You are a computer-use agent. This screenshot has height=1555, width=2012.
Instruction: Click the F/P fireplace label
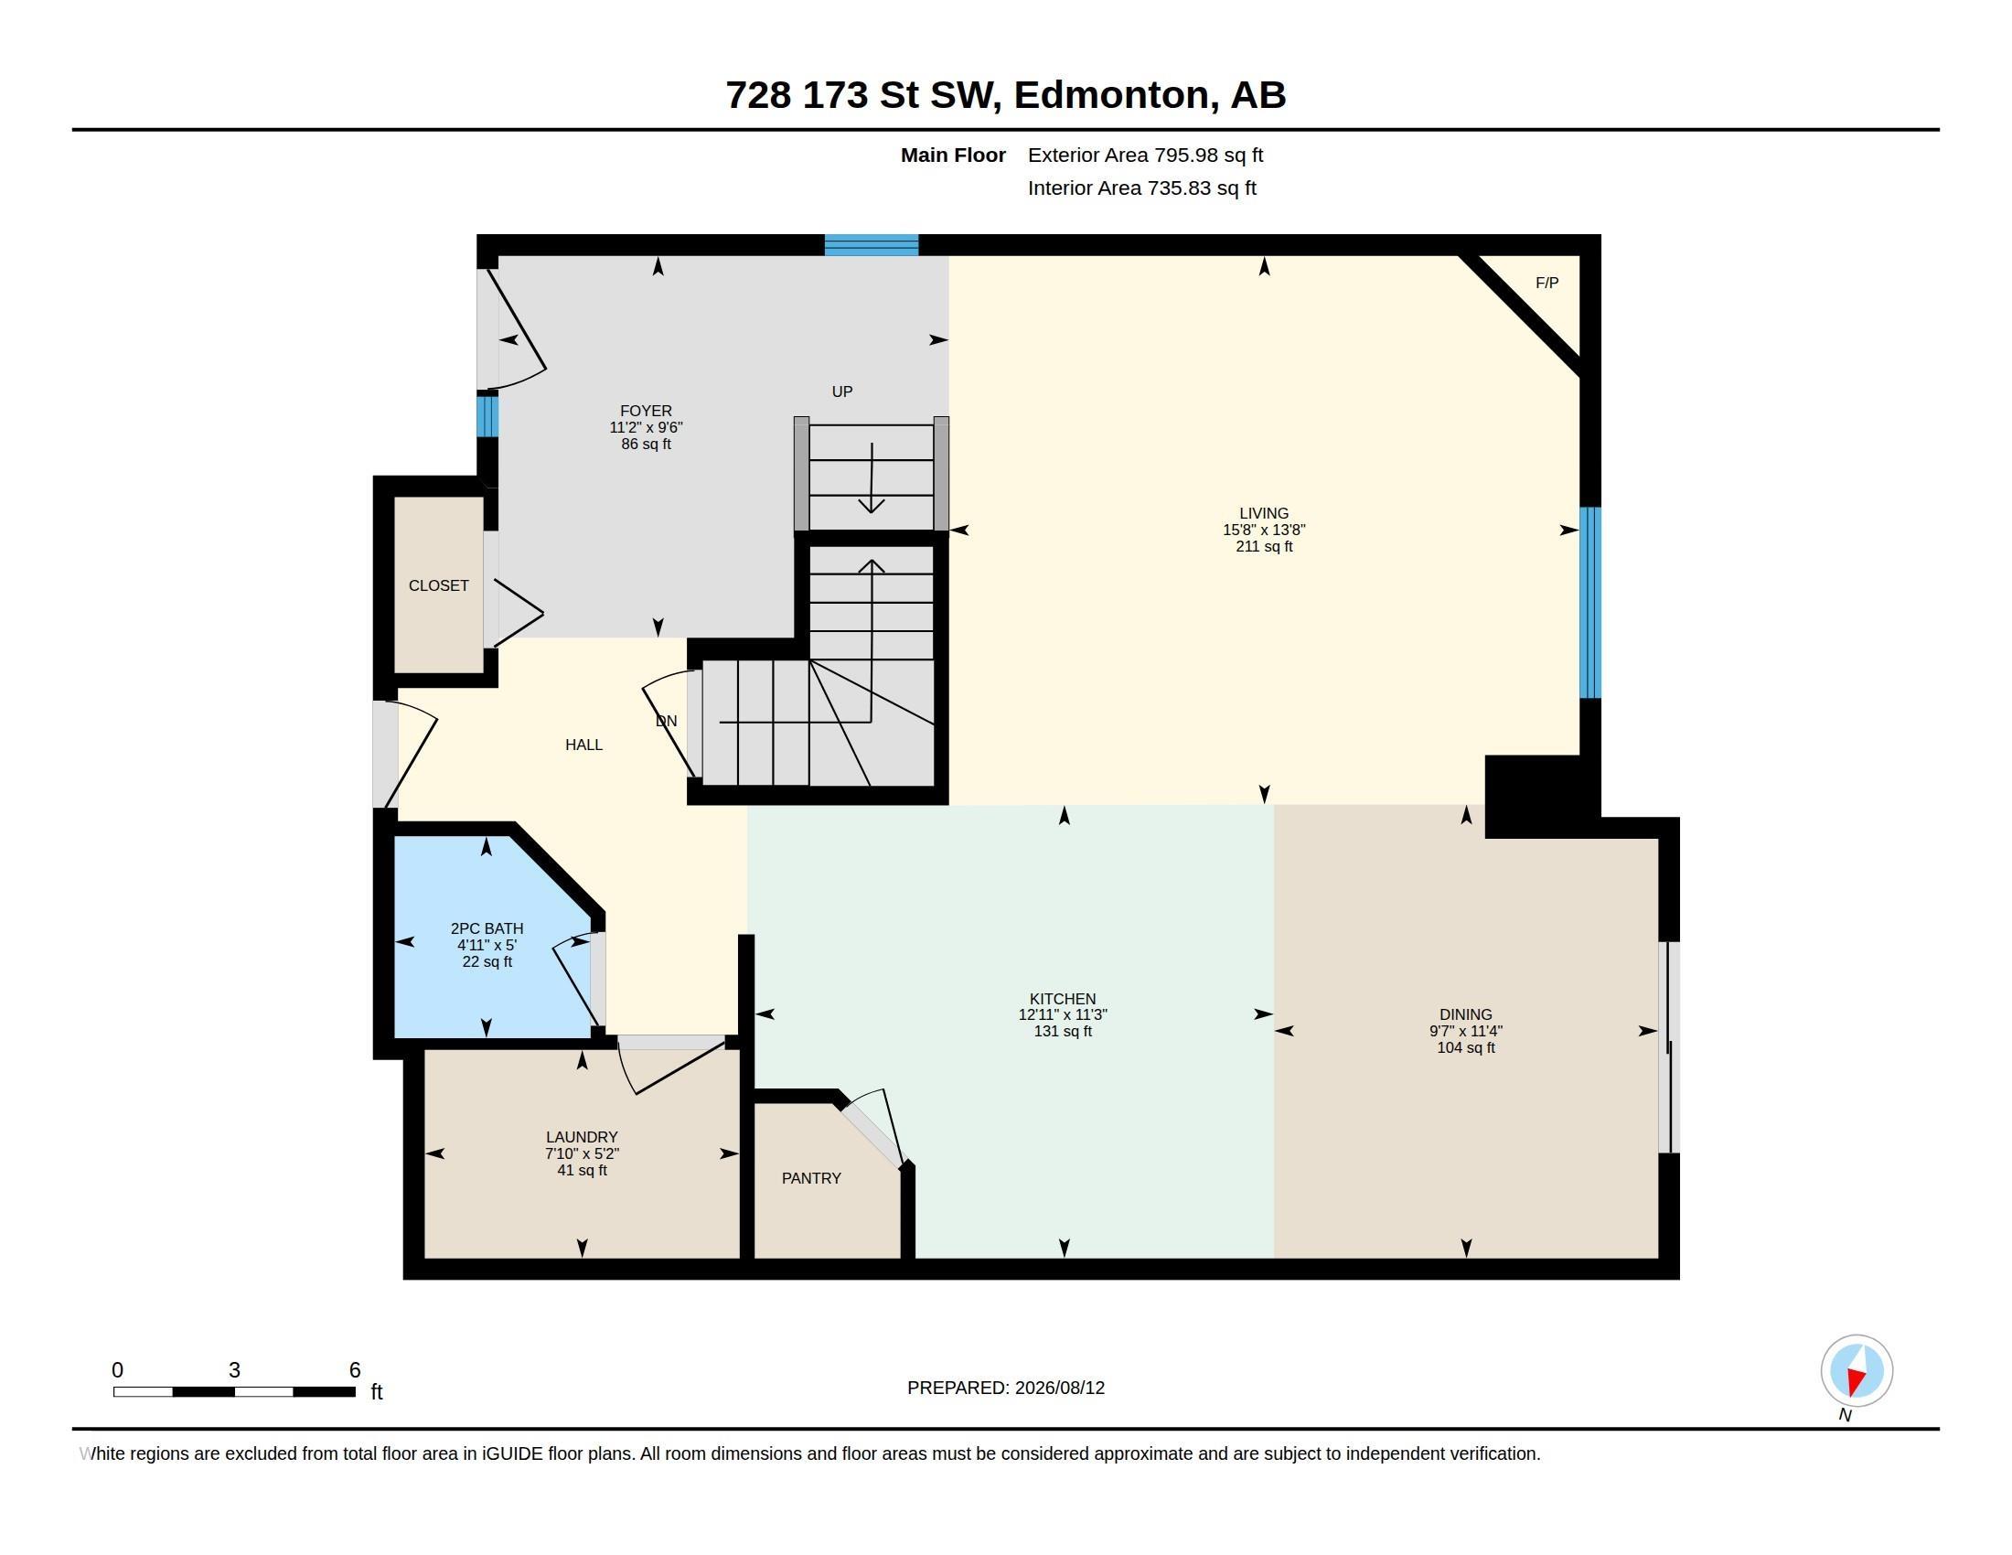coord(1546,283)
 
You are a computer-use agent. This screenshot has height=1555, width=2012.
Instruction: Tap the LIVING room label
coord(1264,513)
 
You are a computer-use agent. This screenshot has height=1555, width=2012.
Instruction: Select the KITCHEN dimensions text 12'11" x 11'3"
coord(1062,1014)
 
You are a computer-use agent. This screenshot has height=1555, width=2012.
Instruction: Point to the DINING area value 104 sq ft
coord(1466,1047)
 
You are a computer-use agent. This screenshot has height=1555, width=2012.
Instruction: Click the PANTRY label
coord(810,1178)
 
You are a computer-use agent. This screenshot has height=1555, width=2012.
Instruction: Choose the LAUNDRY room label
coord(582,1137)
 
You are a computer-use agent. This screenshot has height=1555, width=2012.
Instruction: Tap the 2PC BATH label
coord(487,928)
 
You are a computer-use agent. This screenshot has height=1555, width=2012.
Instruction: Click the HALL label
coord(584,745)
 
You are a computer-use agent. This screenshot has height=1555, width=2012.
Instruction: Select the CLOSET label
coord(438,586)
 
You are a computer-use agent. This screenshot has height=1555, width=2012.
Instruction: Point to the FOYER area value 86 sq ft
coord(646,444)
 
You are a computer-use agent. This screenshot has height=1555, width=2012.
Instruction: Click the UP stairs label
coord(842,391)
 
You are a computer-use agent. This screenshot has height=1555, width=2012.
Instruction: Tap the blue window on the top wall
coord(872,245)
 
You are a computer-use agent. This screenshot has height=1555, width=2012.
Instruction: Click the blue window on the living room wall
coord(1590,603)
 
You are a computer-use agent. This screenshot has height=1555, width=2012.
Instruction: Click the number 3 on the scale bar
coord(234,1370)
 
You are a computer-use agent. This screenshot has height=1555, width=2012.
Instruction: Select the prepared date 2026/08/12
coord(1059,1388)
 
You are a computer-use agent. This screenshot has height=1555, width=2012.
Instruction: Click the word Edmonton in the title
coord(1111,95)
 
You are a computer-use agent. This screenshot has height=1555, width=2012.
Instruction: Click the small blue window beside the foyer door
coord(487,415)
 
